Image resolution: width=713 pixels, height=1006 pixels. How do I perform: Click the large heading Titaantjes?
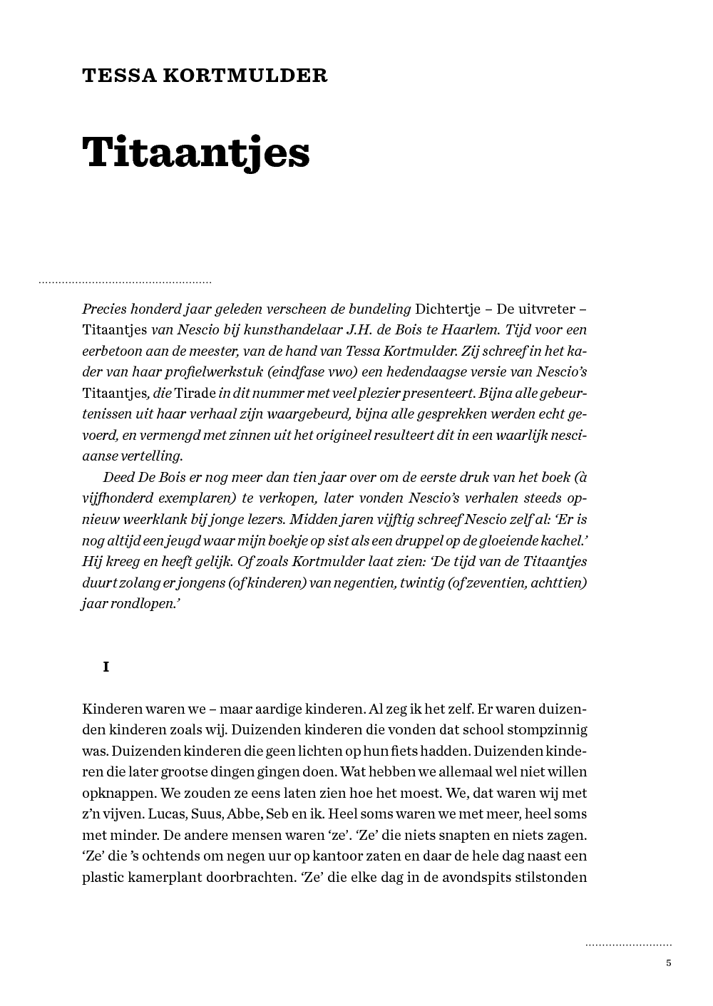196,152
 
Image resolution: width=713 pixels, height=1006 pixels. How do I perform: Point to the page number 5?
669,963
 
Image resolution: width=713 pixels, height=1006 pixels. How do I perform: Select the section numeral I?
106,667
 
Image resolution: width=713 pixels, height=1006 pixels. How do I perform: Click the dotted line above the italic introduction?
125,283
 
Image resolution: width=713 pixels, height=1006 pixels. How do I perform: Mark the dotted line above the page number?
628,945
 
